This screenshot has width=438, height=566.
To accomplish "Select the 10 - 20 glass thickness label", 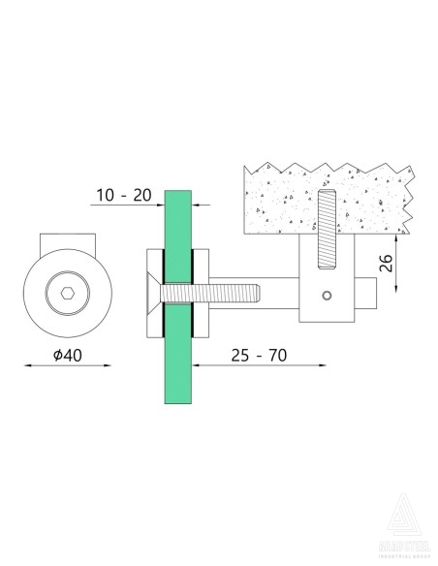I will [x=123, y=195].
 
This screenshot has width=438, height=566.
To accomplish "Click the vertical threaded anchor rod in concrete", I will [x=326, y=230].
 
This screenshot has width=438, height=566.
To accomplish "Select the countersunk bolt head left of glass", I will [x=153, y=292].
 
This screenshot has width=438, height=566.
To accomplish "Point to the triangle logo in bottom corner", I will [x=405, y=515].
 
